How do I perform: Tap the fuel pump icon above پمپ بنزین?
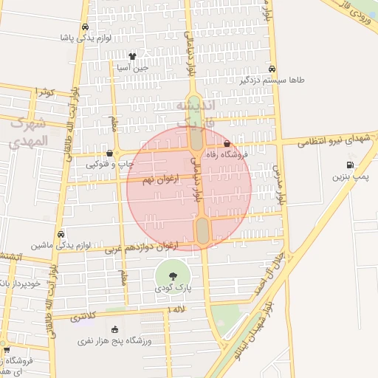pyautogui.click(x=349, y=165)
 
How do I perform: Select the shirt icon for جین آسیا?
pyautogui.click(x=132, y=55)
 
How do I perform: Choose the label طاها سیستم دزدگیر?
pyautogui.click(x=271, y=79)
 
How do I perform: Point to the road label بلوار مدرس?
pyautogui.click(x=281, y=185)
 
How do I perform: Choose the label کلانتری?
pyautogui.click(x=83, y=317)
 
